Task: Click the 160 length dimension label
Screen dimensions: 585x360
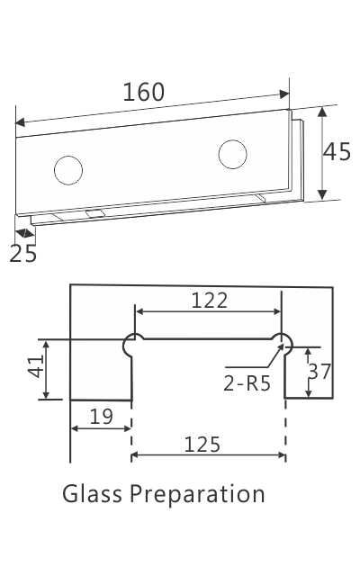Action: click(x=144, y=92)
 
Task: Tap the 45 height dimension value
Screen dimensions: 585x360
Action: click(x=337, y=152)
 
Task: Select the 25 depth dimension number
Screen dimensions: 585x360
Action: click(x=23, y=254)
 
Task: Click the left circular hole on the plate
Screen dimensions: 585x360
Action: click(x=67, y=168)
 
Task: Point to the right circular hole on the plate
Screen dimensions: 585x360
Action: click(x=232, y=154)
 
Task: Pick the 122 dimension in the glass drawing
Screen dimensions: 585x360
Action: click(x=209, y=301)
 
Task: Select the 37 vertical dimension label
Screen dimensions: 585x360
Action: click(x=320, y=372)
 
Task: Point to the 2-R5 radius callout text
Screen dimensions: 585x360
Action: click(x=246, y=383)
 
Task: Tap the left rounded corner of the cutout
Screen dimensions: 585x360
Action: click(x=131, y=342)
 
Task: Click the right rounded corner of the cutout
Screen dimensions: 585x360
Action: click(x=283, y=342)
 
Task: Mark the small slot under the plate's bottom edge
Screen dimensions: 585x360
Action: click(x=94, y=212)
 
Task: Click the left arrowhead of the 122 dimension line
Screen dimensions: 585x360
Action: click(x=138, y=312)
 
